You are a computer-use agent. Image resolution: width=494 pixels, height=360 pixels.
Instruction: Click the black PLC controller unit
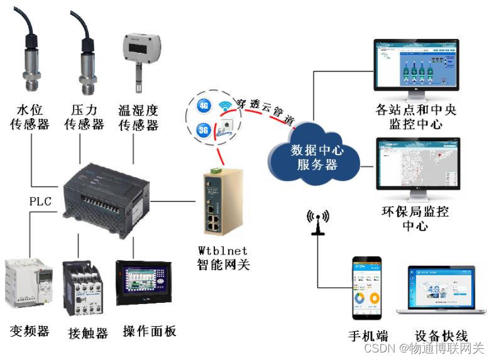point(106,195)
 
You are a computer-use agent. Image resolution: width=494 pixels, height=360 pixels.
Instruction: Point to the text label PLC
point(40,202)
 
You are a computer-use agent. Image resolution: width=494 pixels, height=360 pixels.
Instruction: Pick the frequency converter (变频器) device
point(28,286)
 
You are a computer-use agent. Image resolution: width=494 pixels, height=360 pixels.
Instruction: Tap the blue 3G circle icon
point(203,130)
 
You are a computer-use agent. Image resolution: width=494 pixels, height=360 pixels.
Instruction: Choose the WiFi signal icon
point(225,107)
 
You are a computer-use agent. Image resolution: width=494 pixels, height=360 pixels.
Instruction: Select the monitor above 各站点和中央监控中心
point(416,69)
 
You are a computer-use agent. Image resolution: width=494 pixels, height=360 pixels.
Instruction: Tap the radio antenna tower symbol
point(318,223)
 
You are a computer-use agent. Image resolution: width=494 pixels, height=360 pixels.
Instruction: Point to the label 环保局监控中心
point(416,217)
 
